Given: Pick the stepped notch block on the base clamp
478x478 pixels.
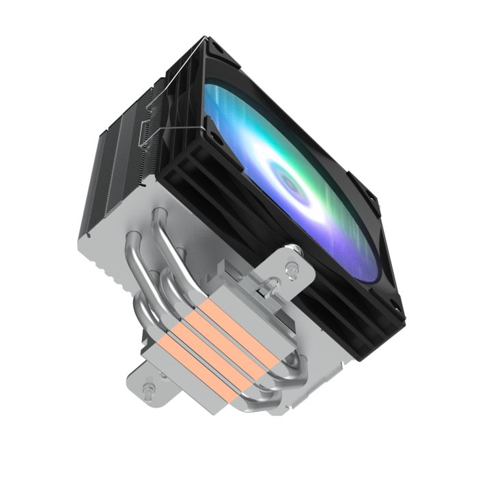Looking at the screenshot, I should (232, 273).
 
